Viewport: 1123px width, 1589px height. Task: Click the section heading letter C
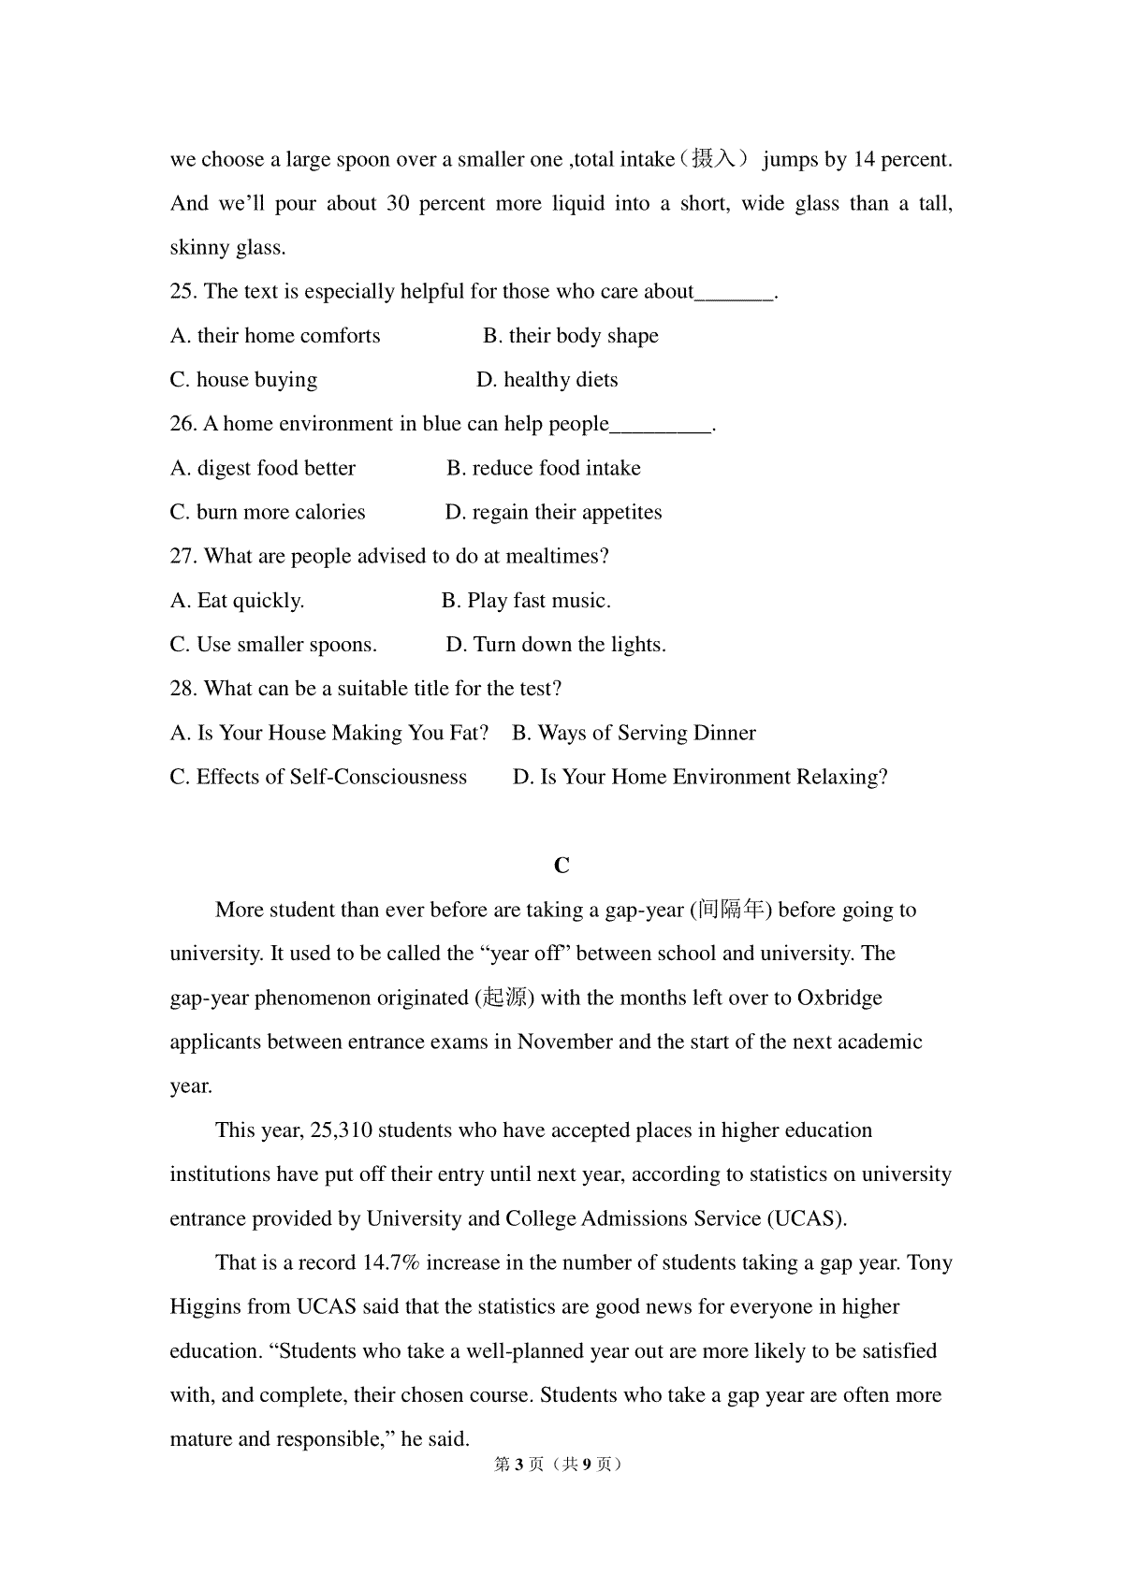pos(561,866)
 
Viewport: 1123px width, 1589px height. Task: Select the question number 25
pos(182,292)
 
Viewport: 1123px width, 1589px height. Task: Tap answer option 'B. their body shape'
pos(570,336)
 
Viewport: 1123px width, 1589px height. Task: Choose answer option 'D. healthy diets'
pos(547,380)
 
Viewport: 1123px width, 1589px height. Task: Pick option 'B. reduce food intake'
pos(543,468)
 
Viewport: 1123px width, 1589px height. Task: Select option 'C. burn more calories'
pos(268,513)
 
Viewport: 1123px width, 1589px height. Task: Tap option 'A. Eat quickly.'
pos(237,601)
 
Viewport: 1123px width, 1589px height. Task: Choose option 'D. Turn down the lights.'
pos(556,645)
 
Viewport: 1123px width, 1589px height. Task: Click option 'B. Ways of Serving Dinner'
pos(634,733)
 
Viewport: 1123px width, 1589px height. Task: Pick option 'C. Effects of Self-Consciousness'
pos(318,777)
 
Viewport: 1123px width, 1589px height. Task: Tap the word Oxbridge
pos(839,998)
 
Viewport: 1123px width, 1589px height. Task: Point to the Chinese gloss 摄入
pos(713,160)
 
